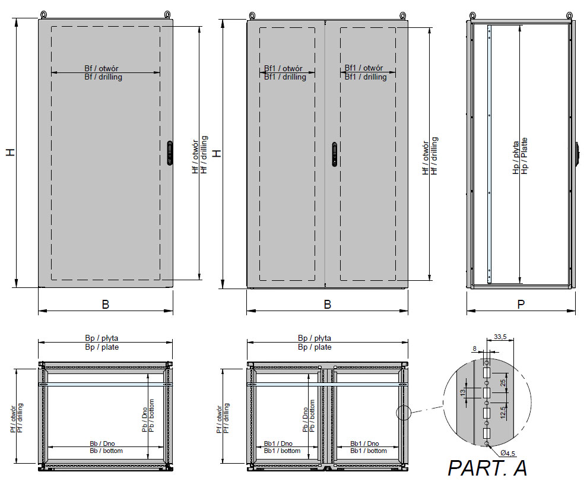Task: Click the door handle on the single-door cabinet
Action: click(170, 153)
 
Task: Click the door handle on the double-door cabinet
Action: click(334, 154)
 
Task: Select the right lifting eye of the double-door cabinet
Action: click(403, 15)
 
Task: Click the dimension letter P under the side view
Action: click(521, 304)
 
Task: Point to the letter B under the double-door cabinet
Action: click(327, 305)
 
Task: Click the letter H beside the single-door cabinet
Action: click(11, 152)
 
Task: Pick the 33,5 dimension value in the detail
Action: click(500, 337)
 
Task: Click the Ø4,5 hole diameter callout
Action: click(507, 453)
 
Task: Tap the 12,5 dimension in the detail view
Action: click(503, 413)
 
